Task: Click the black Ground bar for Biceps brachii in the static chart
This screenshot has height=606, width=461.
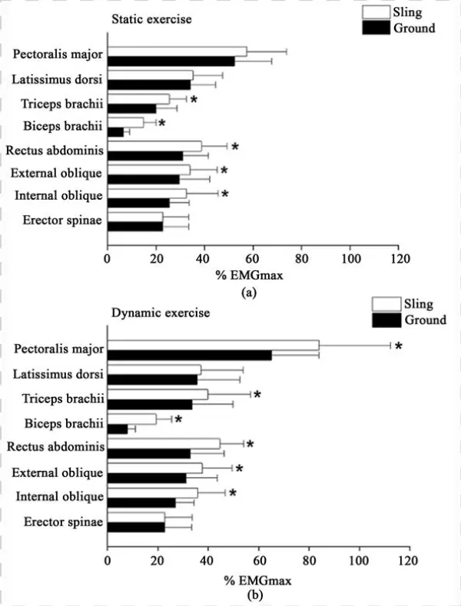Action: (115, 132)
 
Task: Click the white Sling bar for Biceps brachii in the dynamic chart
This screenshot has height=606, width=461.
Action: (131, 419)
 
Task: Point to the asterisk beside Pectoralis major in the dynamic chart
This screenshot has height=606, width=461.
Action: (399, 347)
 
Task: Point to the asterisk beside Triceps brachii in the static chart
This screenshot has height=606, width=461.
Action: (194, 101)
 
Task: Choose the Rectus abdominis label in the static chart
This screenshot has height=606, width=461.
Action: (54, 150)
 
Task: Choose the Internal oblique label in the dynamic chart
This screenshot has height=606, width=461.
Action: (59, 496)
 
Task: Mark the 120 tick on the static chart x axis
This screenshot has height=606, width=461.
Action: (398, 259)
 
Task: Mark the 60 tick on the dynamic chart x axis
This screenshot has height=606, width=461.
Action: (258, 560)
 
